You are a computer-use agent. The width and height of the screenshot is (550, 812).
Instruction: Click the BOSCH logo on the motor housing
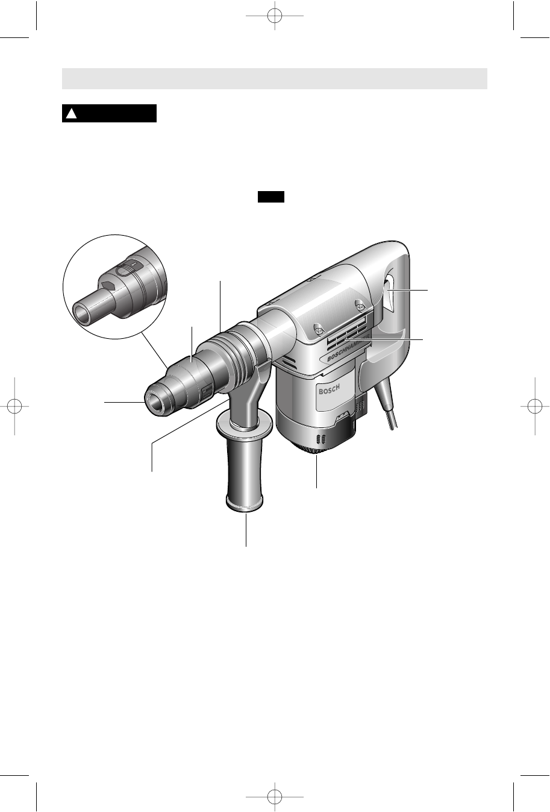pyautogui.click(x=330, y=389)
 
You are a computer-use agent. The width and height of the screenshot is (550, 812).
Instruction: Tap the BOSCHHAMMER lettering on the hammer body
pyautogui.click(x=348, y=347)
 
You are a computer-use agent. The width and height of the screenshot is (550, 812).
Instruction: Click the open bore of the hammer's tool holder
pyautogui.click(x=156, y=401)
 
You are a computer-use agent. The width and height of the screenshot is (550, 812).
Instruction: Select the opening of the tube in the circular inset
pyautogui.click(x=83, y=312)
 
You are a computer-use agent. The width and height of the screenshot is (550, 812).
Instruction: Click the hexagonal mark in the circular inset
pyautogui.click(x=108, y=285)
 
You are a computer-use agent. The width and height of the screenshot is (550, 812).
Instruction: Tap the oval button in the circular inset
pyautogui.click(x=124, y=271)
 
